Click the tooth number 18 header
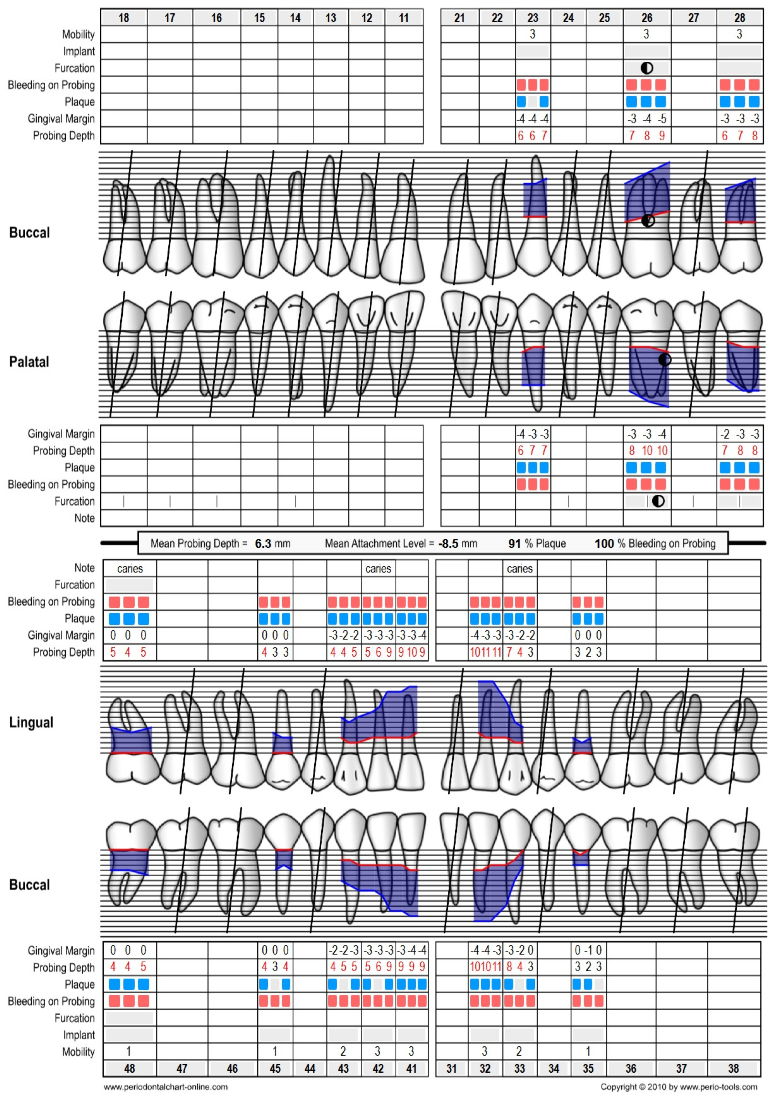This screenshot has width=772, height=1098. click(x=123, y=18)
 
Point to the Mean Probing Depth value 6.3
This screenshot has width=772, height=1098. click(x=263, y=543)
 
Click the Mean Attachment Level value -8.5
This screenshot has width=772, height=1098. click(x=448, y=543)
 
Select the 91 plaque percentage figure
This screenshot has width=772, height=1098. click(x=514, y=543)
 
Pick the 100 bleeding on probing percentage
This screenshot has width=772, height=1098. click(x=604, y=543)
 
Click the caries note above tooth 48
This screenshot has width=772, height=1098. click(x=130, y=568)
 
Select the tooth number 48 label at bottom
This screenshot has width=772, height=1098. click(x=129, y=1068)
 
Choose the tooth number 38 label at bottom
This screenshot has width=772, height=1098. click(x=733, y=1068)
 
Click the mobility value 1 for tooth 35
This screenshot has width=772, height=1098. click(x=588, y=1051)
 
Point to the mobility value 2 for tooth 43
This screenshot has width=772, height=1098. click(x=343, y=1051)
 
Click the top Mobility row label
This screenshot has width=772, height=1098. click(x=78, y=34)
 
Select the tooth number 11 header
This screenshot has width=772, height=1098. click(x=404, y=18)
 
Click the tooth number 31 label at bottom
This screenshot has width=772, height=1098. click(x=451, y=1068)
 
